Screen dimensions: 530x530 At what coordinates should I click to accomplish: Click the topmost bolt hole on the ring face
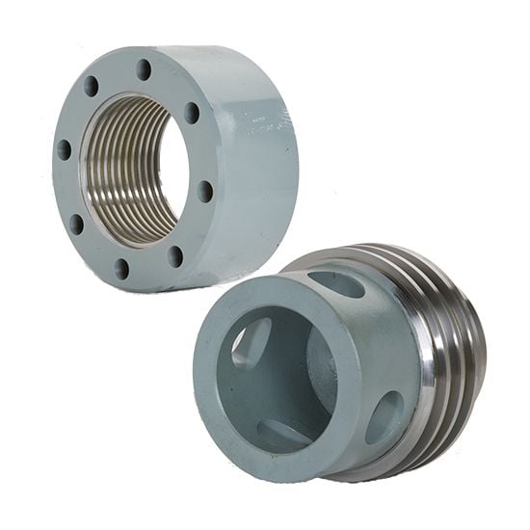pos(144,69)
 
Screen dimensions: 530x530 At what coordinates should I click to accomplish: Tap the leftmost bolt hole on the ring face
pos(64,149)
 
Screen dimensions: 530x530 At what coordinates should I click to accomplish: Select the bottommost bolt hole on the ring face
pos(121,268)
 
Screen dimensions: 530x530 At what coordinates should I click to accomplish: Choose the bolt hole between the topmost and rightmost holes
pos(191,112)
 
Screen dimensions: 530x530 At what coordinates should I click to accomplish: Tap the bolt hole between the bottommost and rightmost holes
pos(174,255)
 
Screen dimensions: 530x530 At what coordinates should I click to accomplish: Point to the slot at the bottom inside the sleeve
pos(278,430)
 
